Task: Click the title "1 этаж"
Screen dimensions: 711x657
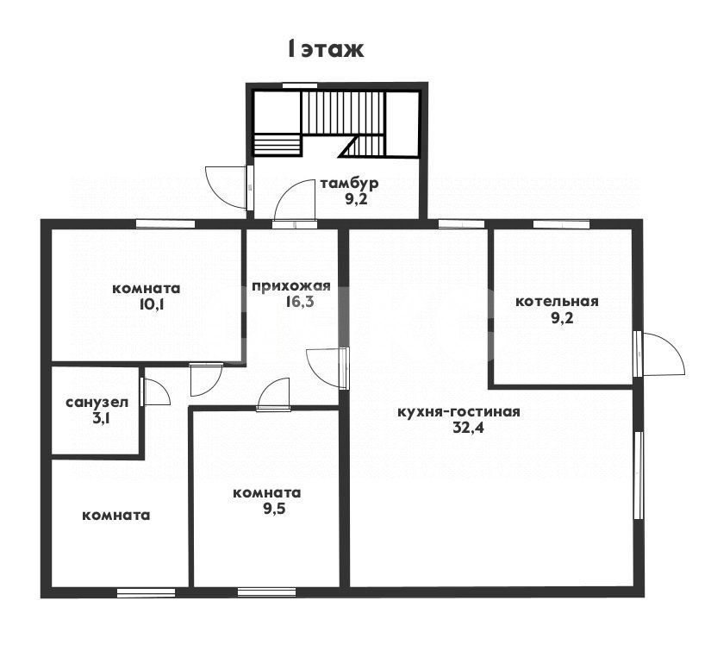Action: point(326,49)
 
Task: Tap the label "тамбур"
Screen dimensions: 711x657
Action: point(349,184)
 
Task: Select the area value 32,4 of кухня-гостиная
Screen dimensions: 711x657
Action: point(469,428)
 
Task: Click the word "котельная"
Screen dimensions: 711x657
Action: point(557,301)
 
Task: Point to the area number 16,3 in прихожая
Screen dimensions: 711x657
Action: point(299,302)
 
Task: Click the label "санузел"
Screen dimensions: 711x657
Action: point(97,403)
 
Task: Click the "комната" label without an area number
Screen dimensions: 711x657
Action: point(116,516)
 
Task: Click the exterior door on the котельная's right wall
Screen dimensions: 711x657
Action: point(661,354)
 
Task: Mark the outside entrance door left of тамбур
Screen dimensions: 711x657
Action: point(229,187)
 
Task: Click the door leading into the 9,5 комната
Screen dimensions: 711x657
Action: point(273,394)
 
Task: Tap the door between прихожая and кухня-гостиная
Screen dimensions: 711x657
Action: point(327,368)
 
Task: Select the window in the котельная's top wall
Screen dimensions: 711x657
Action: point(561,223)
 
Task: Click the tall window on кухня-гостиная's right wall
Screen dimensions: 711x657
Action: point(639,474)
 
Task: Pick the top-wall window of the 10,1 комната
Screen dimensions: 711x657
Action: point(165,223)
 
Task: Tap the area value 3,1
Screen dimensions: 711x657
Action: point(100,418)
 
